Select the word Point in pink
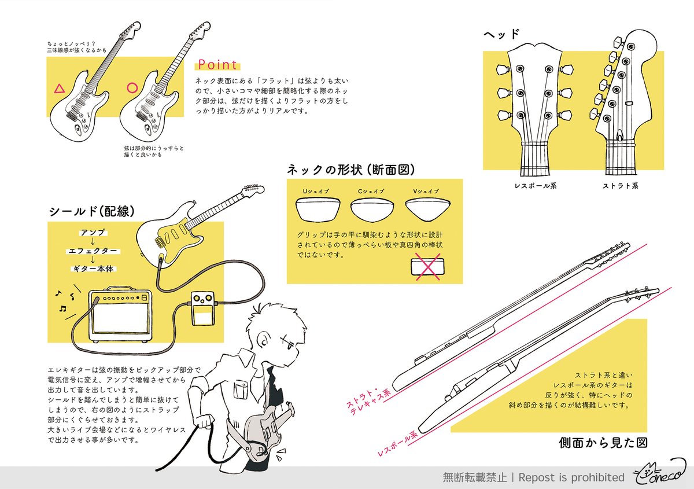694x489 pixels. (x=217, y=64)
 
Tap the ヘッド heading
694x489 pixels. (x=501, y=34)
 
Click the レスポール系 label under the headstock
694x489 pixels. (x=536, y=186)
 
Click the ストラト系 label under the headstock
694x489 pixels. (x=620, y=186)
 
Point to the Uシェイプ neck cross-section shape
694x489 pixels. (x=318, y=209)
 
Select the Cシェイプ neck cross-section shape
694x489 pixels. (x=372, y=210)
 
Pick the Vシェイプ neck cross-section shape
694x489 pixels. (x=428, y=209)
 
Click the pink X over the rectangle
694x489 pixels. (x=428, y=267)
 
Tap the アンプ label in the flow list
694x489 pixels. (x=93, y=232)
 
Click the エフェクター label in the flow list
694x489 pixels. (x=93, y=251)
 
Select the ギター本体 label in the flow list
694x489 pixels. (x=93, y=269)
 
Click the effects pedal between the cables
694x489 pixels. (x=203, y=308)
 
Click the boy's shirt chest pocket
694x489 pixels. (x=241, y=389)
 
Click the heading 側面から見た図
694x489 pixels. (x=603, y=443)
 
